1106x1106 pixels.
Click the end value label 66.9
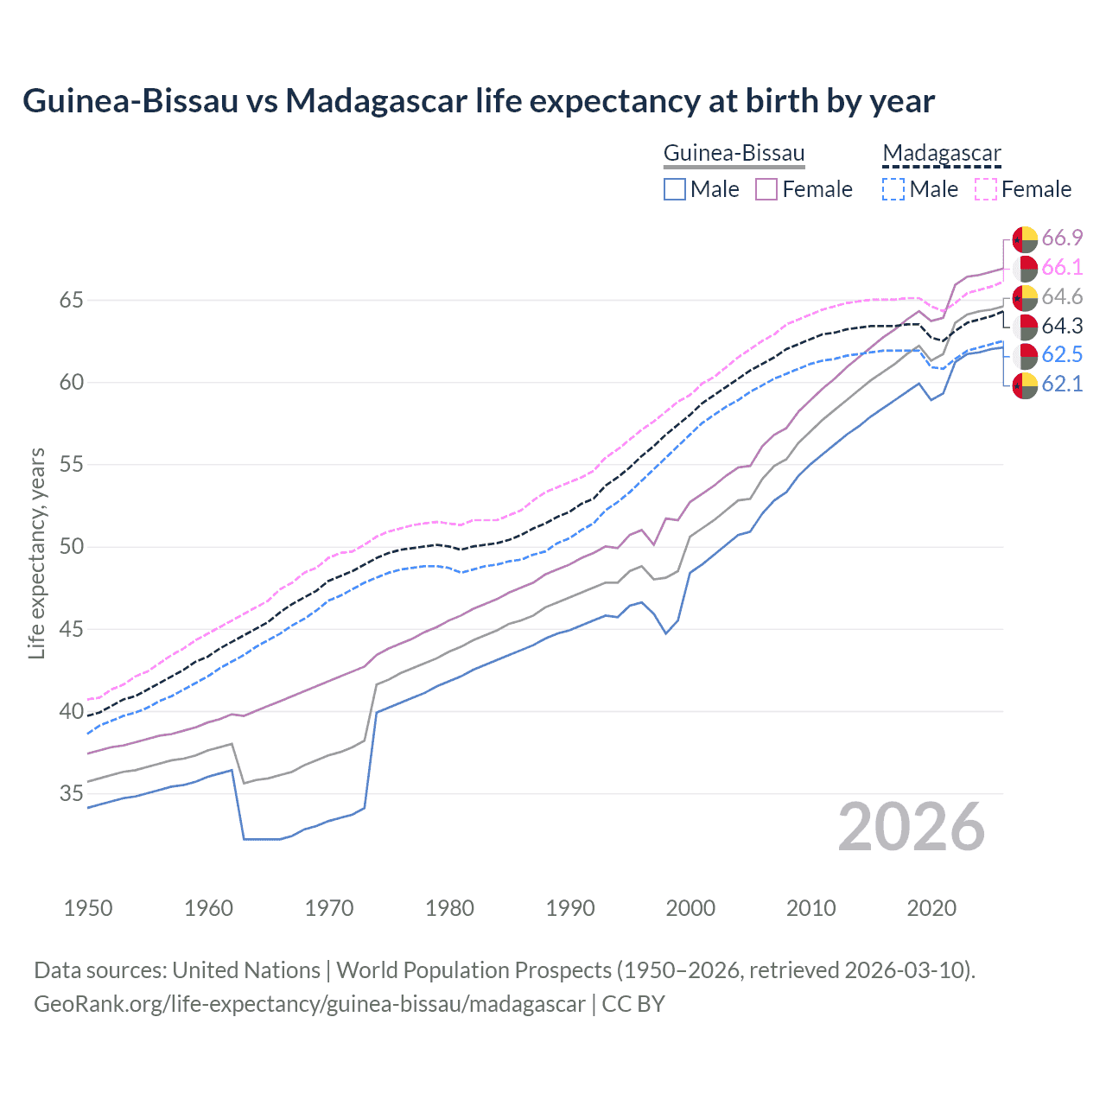[1062, 238]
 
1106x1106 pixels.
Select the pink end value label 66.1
[1062, 268]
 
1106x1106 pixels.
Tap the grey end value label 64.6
[1062, 297]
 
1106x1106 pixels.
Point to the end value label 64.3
[1062, 326]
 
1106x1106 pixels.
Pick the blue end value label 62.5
[1062, 355]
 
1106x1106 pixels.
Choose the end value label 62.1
[1062, 385]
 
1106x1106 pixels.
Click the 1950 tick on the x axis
[88, 908]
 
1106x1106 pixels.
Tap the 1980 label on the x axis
[449, 908]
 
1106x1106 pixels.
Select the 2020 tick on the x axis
[931, 908]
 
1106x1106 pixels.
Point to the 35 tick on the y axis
[72, 793]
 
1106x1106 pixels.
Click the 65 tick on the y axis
[72, 301]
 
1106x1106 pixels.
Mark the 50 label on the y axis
[72, 547]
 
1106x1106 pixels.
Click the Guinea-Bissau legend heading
[734, 154]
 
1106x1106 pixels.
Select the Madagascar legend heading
[941, 154]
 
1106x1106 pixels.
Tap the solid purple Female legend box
[766, 189]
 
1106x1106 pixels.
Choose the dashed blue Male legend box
[893, 189]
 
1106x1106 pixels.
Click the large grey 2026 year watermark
[911, 828]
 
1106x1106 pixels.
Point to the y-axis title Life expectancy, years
[37, 553]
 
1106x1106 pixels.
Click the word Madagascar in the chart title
[377, 101]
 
